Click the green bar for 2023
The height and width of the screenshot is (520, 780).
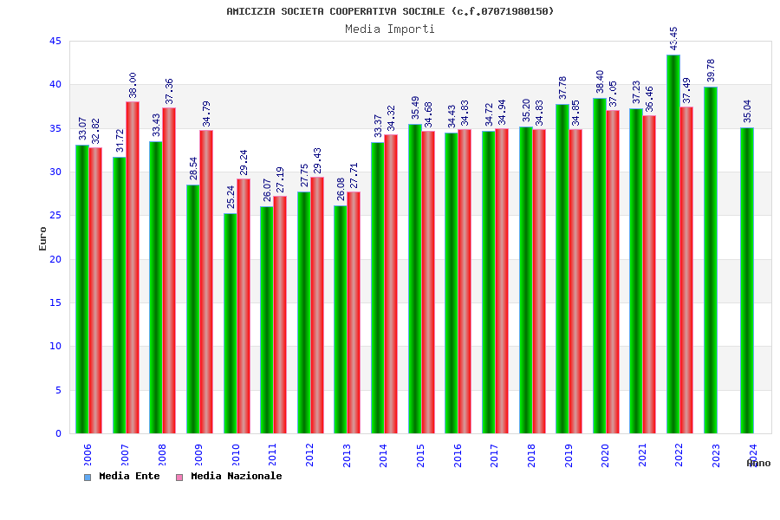[711, 260]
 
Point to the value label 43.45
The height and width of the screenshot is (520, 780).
[674, 39]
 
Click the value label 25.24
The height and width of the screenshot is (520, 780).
[231, 197]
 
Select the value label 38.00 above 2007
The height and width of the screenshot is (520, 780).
[133, 85]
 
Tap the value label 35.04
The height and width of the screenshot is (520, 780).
[747, 112]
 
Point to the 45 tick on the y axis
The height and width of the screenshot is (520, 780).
[55, 42]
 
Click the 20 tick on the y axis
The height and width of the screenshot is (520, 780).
[55, 259]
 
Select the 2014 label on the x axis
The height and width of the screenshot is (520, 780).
[383, 455]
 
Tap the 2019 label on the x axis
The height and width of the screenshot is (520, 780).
[569, 455]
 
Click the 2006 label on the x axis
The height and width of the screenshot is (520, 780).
[88, 455]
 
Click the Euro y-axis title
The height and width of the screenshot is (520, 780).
[42, 238]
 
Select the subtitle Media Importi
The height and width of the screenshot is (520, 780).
[390, 29]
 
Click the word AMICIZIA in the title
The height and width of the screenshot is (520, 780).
[250, 11]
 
